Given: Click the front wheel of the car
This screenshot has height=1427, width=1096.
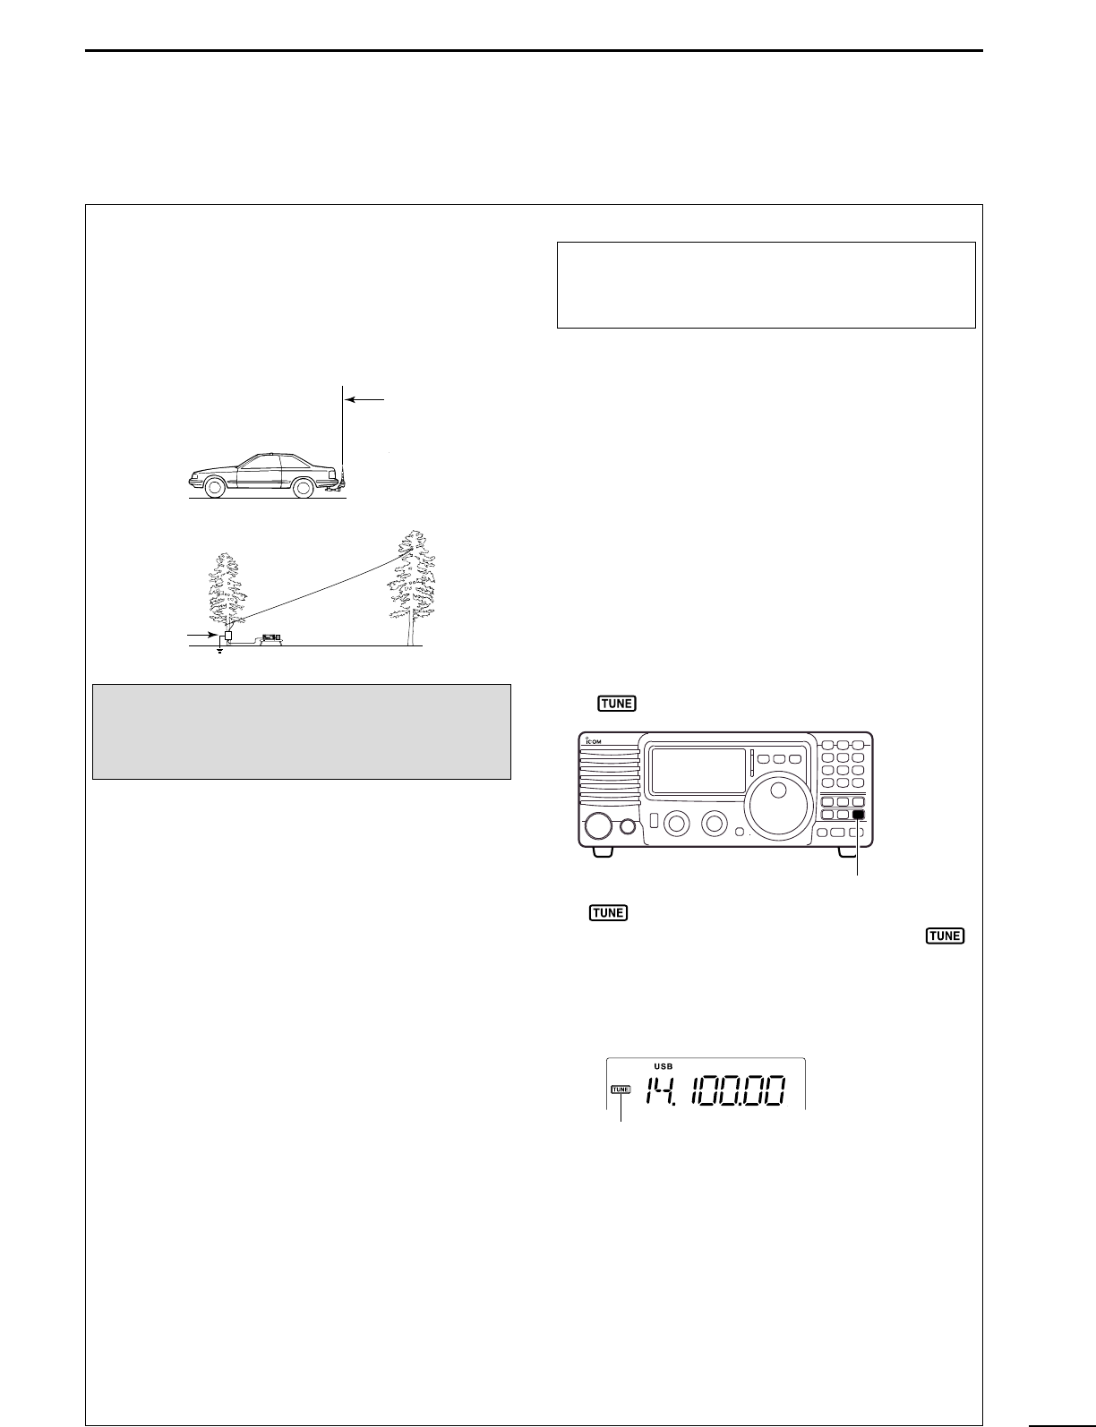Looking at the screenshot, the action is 214,487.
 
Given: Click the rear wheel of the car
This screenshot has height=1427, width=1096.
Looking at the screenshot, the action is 304,487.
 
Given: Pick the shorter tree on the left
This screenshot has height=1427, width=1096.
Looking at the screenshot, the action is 229,591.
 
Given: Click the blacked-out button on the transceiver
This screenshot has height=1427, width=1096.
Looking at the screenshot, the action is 859,815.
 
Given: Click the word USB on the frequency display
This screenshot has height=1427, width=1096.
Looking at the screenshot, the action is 663,1066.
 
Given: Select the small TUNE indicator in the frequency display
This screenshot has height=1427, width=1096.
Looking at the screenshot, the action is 621,1089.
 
